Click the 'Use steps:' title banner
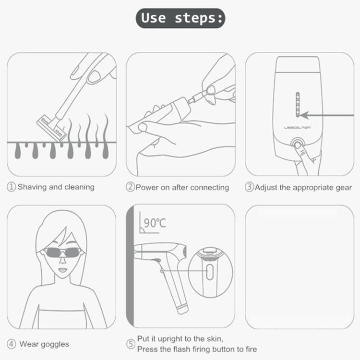180,18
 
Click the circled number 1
12,187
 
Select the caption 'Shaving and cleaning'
56,187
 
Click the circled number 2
130,187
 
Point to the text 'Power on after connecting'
182,187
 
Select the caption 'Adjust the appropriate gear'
303,187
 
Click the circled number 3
249,187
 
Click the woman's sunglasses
61,252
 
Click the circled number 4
12,344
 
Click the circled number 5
131,344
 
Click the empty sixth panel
299,266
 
